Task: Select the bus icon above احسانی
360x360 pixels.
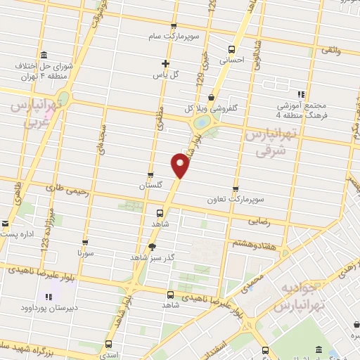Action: pyautogui.click(x=231, y=49)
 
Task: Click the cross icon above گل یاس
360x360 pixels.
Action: pyautogui.click(x=166, y=63)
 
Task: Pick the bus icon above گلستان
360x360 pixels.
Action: pyautogui.click(x=150, y=176)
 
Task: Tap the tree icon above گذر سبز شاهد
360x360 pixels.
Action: pyautogui.click(x=153, y=246)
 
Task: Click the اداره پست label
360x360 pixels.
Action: pyautogui.click(x=16, y=233)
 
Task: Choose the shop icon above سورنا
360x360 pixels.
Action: pyautogui.click(x=85, y=240)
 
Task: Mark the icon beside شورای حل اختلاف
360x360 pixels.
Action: pyautogui.click(x=44, y=56)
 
